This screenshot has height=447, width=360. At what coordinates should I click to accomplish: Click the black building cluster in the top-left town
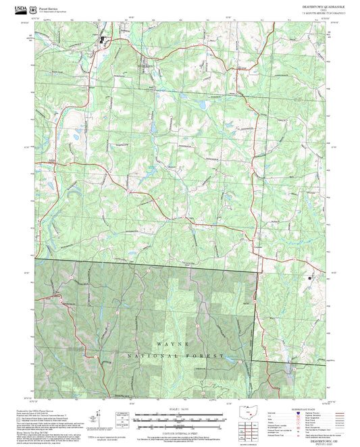tap(103, 40)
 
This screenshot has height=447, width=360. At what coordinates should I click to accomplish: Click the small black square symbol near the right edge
tap(310, 278)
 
